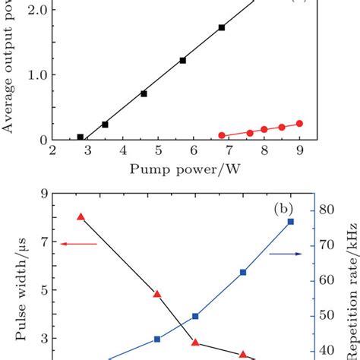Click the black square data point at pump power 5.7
(182, 60)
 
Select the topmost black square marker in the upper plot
(222, 27)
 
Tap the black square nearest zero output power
(80, 137)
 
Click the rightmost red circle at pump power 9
(299, 123)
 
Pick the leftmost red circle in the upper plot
(222, 135)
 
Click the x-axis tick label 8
(264, 152)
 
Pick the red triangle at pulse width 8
(81, 217)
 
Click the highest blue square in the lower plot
(290, 222)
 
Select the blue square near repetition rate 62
(243, 272)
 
